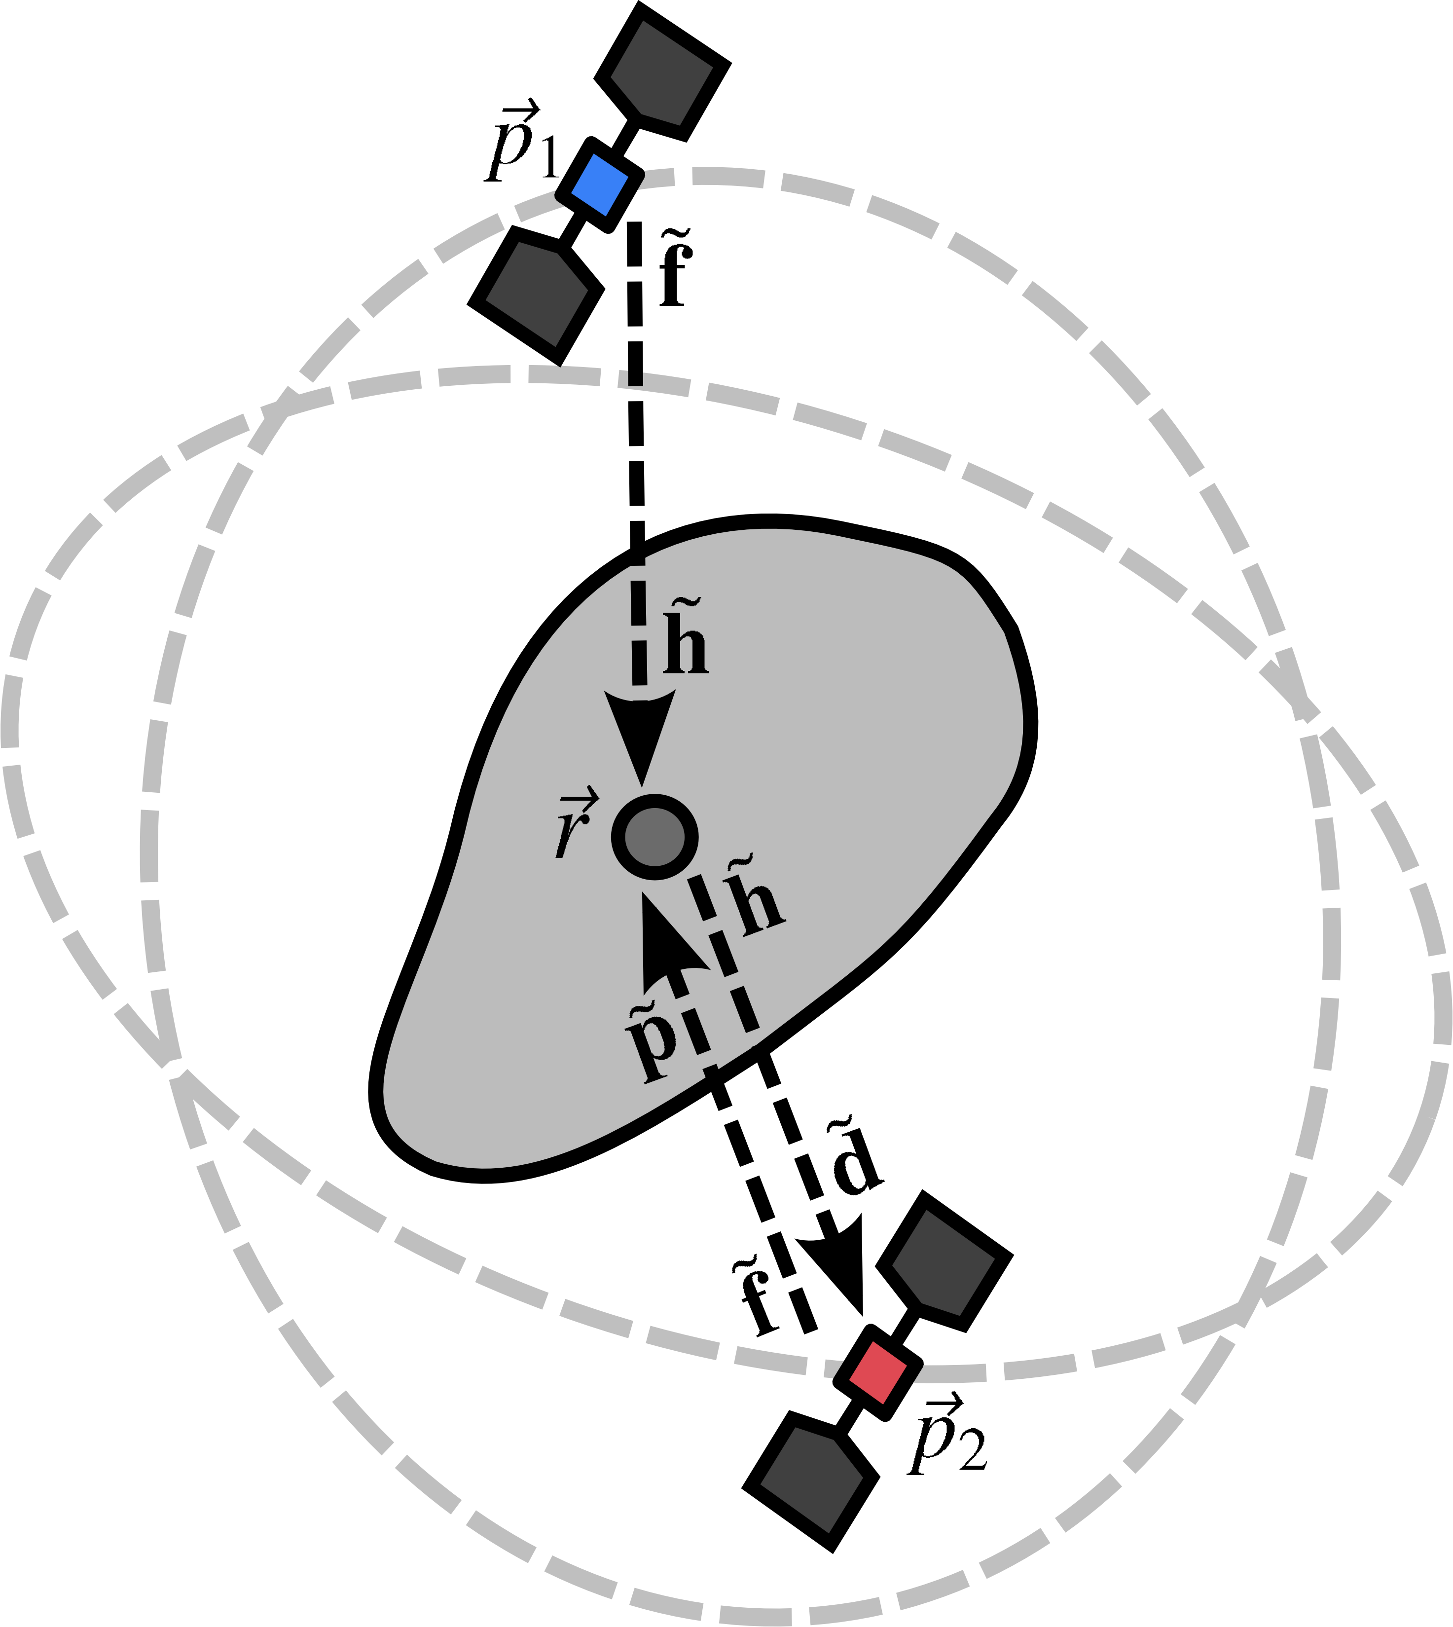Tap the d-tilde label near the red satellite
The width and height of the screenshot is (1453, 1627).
click(856, 1159)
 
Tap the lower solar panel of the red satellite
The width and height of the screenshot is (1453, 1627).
click(812, 1481)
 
